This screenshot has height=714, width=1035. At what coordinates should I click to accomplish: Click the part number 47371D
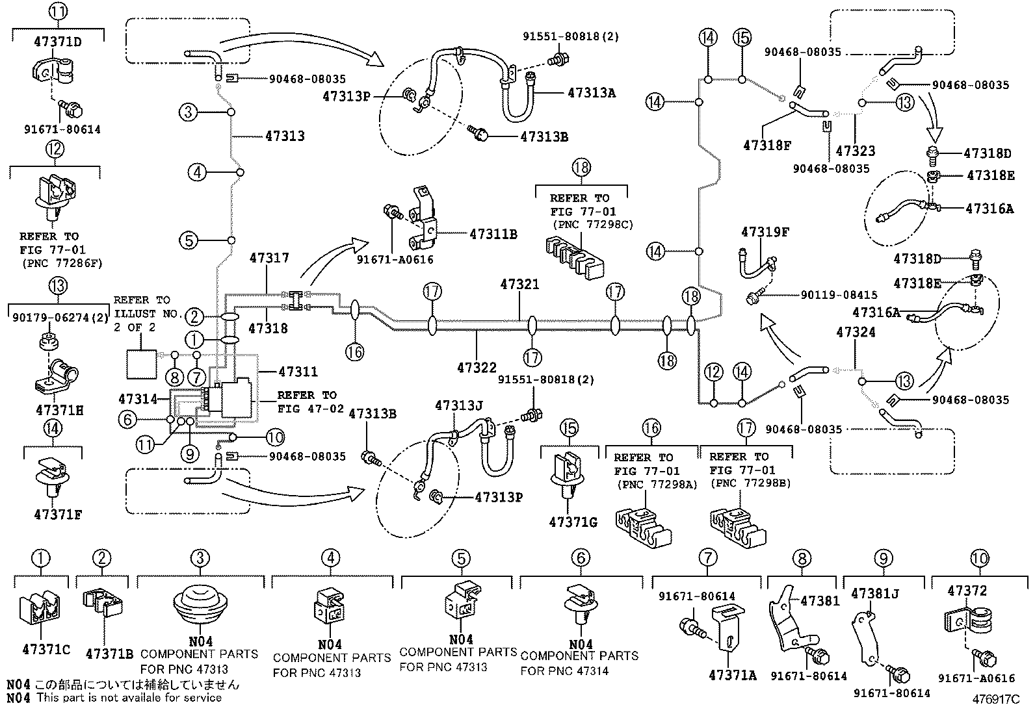(x=57, y=42)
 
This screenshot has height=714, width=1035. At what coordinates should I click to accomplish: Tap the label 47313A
(x=591, y=93)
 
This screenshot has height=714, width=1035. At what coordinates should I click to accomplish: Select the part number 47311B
(x=493, y=234)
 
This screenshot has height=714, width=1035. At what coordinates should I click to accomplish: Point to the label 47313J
(x=459, y=406)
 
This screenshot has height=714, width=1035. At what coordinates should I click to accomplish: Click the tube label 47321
(x=519, y=285)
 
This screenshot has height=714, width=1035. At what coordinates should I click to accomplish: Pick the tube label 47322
(x=477, y=368)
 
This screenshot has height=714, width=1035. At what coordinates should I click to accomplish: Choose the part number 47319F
(x=765, y=232)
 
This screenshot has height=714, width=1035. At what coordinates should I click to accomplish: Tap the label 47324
(x=856, y=333)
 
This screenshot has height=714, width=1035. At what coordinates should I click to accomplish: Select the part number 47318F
(x=767, y=146)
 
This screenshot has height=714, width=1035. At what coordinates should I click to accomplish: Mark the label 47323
(x=856, y=151)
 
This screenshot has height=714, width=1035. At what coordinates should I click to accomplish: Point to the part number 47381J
(x=874, y=593)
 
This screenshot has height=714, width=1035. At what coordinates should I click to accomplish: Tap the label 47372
(x=967, y=591)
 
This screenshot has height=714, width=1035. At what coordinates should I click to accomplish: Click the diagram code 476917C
(x=996, y=700)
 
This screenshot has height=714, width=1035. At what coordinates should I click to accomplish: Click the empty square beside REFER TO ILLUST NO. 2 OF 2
(x=141, y=364)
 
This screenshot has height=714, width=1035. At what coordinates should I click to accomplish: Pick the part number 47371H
(x=59, y=411)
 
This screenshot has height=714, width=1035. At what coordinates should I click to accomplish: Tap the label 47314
(x=138, y=398)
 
